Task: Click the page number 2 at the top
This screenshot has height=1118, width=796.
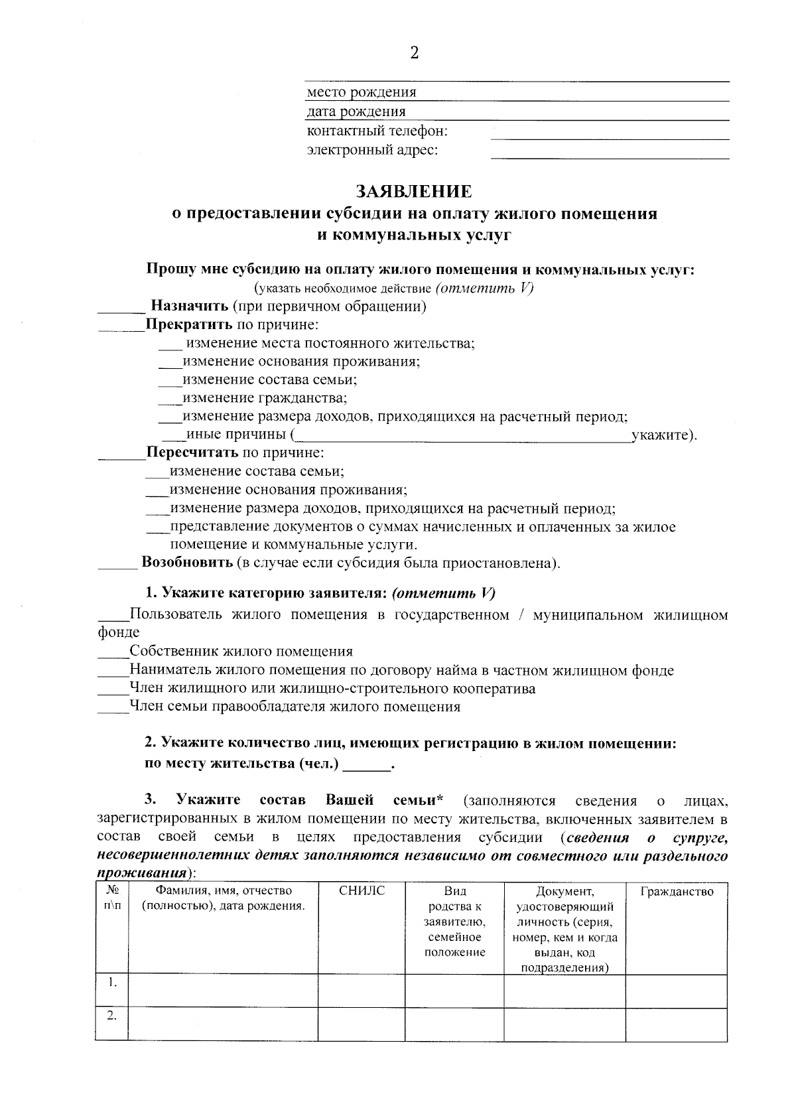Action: point(414,54)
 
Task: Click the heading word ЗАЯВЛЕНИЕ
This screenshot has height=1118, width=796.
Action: point(414,192)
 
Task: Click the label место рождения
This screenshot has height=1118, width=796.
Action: point(362,92)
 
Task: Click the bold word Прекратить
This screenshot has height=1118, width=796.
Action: point(189,325)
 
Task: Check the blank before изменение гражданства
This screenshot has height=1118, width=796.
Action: point(170,402)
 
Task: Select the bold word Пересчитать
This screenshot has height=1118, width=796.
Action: point(192,453)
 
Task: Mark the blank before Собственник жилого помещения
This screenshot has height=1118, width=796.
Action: point(113,656)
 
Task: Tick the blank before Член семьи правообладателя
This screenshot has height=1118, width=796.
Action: point(113,711)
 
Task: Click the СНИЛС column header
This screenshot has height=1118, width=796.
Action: point(362,891)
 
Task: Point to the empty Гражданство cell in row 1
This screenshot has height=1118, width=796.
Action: point(677,991)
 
